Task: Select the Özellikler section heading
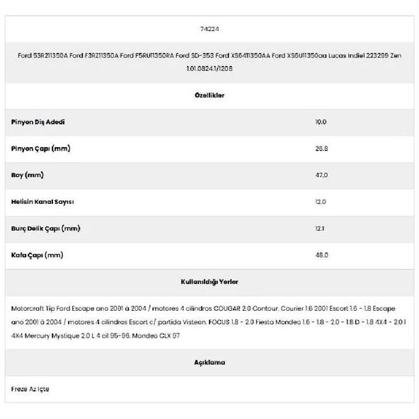209,96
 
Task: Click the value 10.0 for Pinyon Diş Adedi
321,122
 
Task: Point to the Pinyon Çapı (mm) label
41,149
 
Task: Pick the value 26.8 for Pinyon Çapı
321,149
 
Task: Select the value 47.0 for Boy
321,175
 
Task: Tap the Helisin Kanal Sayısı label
42,202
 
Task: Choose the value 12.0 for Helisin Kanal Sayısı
321,202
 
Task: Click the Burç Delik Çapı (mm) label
46,228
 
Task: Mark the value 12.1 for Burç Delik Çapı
320,228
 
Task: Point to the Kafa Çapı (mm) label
38,255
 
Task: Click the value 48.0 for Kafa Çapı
321,255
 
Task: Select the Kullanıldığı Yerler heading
209,282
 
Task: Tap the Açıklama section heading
209,362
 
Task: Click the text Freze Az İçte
30,389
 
